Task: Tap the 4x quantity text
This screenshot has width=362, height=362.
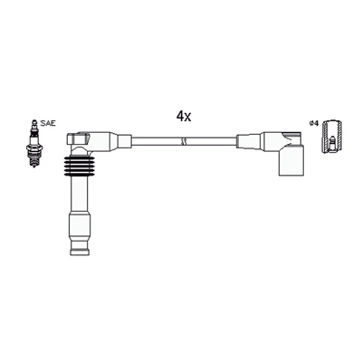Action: click(x=185, y=116)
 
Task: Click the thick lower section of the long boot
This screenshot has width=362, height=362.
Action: click(x=81, y=231)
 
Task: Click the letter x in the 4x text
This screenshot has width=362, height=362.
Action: click(x=190, y=117)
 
